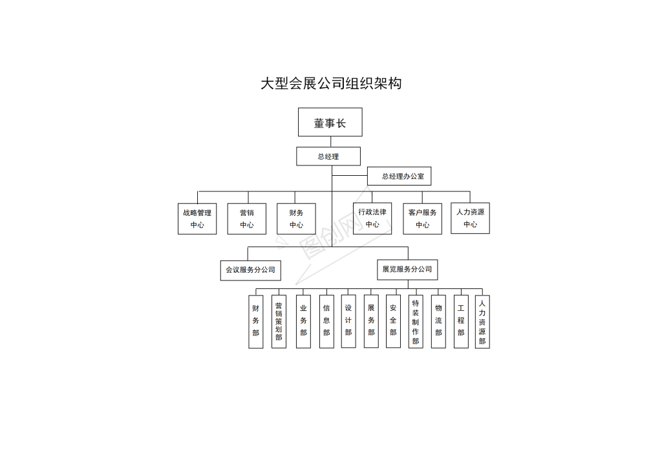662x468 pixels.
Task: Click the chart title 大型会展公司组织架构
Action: pos(331,83)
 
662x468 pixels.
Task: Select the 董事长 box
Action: pos(330,122)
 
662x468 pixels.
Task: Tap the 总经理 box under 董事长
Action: pos(328,156)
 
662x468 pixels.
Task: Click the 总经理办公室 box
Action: pos(399,176)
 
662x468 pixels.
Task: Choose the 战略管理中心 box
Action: pos(197,218)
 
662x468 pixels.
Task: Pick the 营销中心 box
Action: pos(246,218)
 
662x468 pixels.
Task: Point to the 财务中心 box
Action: pos(296,218)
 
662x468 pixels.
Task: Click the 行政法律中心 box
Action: pos(372,218)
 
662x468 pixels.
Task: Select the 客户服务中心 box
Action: pos(422,218)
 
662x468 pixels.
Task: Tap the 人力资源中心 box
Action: pos(471,218)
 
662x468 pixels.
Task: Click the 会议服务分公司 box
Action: pos(250,270)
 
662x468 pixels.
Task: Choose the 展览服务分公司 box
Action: pos(407,270)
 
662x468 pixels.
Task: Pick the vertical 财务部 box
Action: pos(256,321)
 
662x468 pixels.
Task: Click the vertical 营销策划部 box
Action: pos(279,321)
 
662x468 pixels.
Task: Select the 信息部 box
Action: pos(326,321)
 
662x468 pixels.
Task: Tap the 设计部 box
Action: pos(348,321)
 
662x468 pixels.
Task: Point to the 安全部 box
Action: pos(393,321)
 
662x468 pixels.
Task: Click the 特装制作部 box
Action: pos(416,321)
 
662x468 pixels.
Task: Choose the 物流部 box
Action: pos(438,321)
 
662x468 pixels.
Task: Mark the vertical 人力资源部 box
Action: pos(482,321)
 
